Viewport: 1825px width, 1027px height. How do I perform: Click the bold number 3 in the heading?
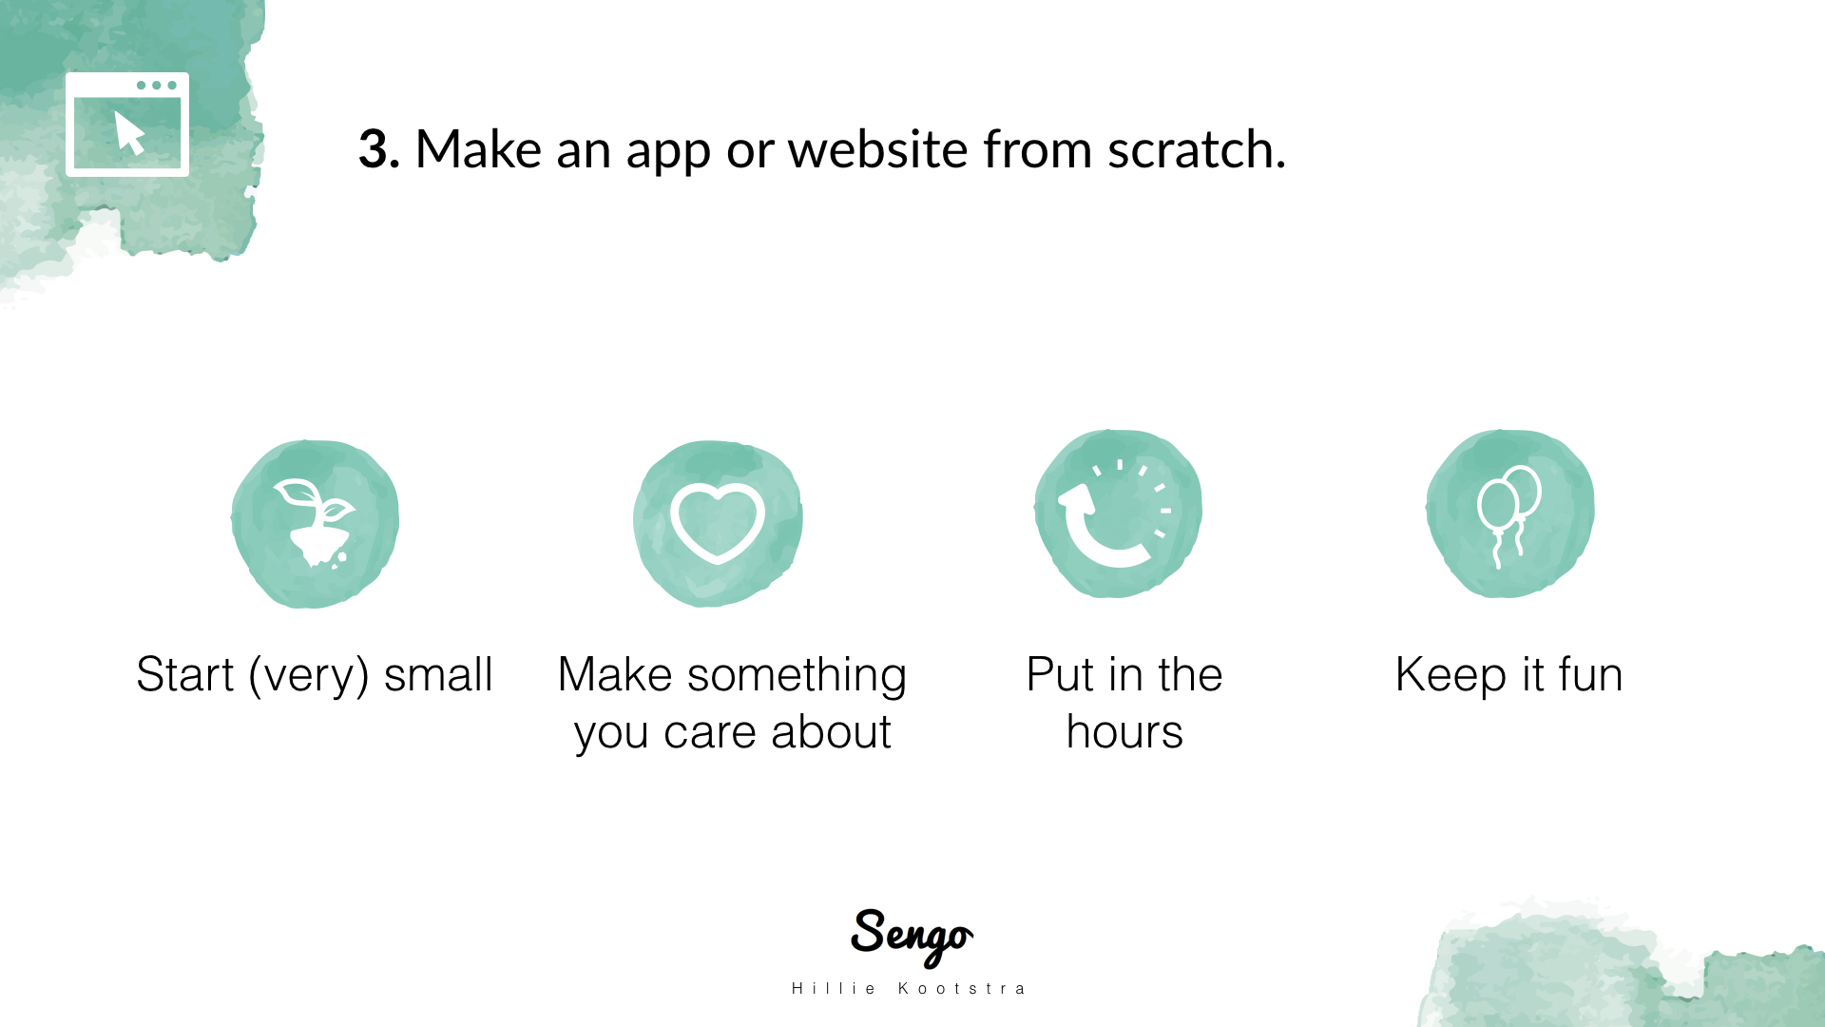[x=377, y=150]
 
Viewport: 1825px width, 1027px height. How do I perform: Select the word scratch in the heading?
[x=1196, y=149]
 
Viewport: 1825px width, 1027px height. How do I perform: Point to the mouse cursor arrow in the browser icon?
[x=129, y=132]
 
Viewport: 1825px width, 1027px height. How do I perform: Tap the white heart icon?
[x=718, y=522]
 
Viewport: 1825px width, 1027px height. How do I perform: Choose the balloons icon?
[x=1508, y=516]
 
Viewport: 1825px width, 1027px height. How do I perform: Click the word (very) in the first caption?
[x=309, y=676]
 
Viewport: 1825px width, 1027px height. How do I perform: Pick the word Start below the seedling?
[x=184, y=674]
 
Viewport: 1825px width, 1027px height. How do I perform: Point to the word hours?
[x=1124, y=732]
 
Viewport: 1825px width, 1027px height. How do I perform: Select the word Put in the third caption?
[x=1060, y=674]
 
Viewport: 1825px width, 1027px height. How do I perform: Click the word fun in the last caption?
[x=1590, y=674]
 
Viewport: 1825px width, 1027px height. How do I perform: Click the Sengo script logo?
[x=912, y=937]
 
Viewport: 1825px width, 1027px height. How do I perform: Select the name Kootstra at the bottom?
[x=962, y=989]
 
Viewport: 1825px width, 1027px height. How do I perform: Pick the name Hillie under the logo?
[x=834, y=989]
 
